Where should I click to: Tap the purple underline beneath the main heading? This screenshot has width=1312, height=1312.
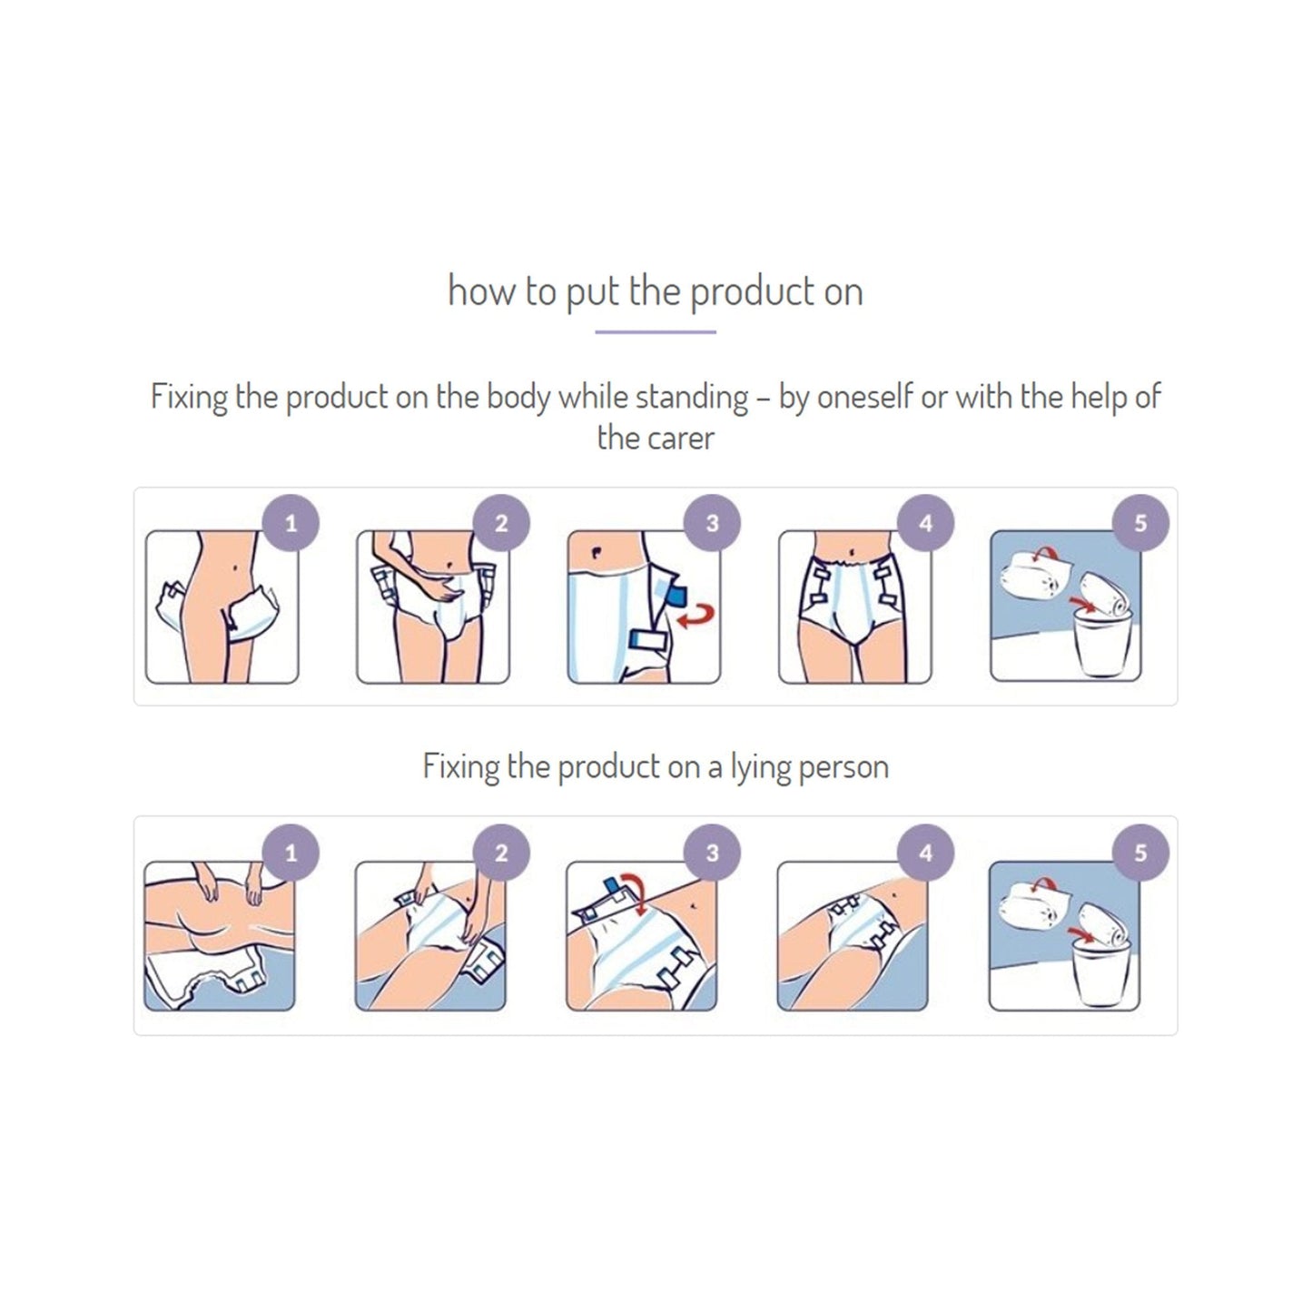point(655,332)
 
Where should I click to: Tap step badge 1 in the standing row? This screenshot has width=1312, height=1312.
point(291,523)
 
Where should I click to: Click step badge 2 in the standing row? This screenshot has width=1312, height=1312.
point(501,523)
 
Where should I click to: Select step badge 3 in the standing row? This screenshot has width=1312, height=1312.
point(712,523)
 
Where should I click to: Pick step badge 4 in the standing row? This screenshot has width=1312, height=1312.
point(925,523)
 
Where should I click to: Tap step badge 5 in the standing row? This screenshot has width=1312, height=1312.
point(1140,523)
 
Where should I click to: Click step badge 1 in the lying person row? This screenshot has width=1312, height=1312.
point(291,853)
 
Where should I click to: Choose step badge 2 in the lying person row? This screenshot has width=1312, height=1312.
point(501,853)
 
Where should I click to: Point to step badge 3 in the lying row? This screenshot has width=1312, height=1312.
point(712,853)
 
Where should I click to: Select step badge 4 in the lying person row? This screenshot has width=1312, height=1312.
point(925,853)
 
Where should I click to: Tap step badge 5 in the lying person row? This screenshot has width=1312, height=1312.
point(1140,853)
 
